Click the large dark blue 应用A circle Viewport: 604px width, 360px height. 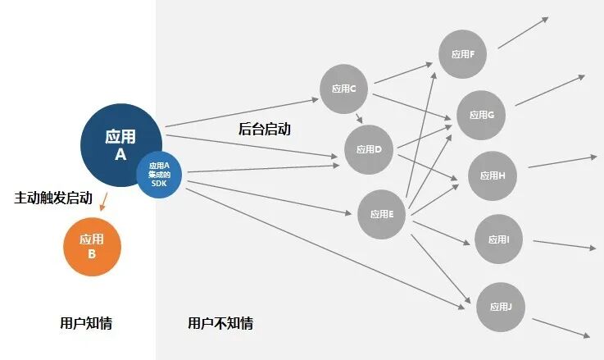point(120,144)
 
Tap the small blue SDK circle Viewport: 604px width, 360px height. point(159,175)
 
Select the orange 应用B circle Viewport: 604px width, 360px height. point(92,247)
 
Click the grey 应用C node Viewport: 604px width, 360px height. point(343,89)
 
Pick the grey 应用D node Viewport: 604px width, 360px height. point(369,149)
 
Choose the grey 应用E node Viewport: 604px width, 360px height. point(382,214)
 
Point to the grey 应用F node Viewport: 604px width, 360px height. point(463,54)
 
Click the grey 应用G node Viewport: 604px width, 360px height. point(480,115)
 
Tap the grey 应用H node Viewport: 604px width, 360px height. point(493,175)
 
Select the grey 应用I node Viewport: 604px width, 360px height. point(499,239)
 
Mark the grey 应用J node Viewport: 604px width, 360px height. point(501,307)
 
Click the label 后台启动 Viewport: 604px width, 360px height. point(264,130)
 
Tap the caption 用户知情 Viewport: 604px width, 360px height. point(86,323)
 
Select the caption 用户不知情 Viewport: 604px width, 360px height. point(220,323)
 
